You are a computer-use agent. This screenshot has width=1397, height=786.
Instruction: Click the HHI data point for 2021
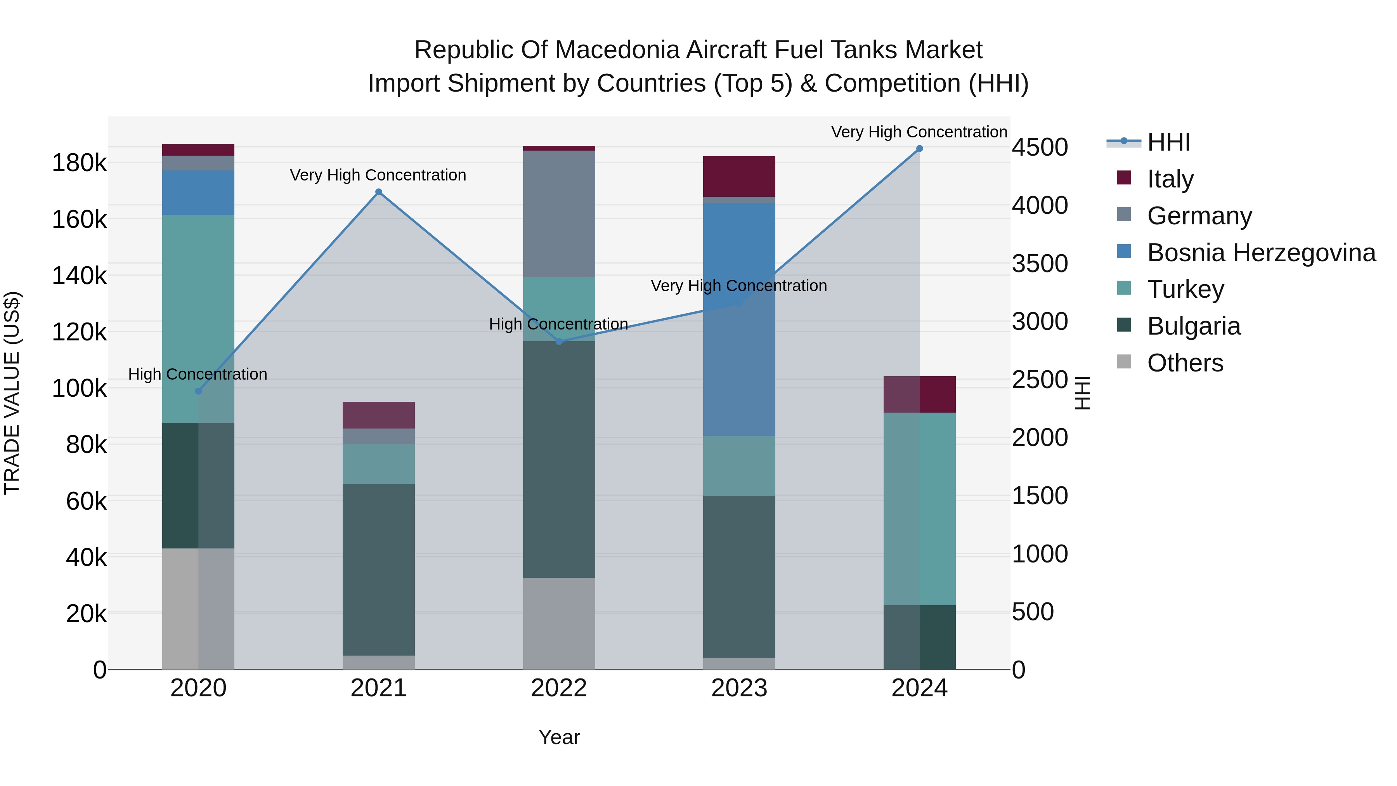click(x=378, y=192)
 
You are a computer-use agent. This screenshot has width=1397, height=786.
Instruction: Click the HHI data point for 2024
click(x=919, y=149)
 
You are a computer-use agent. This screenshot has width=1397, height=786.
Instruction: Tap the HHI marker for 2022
click(x=559, y=341)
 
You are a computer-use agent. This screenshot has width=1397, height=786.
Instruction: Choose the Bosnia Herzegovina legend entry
click(x=1261, y=252)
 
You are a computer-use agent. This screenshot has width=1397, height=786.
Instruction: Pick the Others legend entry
click(x=1185, y=363)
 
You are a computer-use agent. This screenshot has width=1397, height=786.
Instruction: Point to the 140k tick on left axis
click(x=79, y=276)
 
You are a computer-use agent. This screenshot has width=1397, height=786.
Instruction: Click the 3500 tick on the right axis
click(x=1040, y=264)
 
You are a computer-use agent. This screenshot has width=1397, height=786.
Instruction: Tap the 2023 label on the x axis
click(x=739, y=688)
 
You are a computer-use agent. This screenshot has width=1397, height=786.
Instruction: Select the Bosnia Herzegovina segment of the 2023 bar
click(x=739, y=320)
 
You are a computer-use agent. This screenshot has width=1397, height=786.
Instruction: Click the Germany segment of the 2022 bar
click(x=559, y=214)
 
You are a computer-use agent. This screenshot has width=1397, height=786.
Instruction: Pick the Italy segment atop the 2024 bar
click(x=919, y=394)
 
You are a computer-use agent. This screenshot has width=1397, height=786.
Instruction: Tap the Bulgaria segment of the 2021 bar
click(x=378, y=569)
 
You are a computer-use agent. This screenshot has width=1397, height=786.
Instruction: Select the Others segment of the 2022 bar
click(x=559, y=623)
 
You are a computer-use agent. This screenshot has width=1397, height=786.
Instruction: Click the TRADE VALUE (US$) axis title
click(x=12, y=393)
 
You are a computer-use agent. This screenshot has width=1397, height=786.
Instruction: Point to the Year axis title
click(x=559, y=737)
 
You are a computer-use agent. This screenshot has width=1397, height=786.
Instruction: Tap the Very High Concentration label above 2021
click(x=378, y=175)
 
